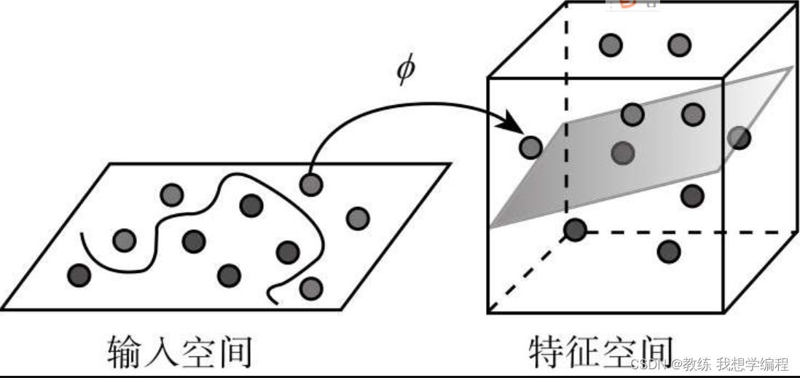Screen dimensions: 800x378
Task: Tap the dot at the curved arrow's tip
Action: [530, 148]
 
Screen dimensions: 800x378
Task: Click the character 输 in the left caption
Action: [125, 352]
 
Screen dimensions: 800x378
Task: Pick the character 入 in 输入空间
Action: [162, 352]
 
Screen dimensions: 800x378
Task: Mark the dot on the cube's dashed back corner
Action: [576, 231]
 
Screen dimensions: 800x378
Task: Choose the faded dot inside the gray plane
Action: [621, 152]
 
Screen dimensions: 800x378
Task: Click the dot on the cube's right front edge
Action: [739, 137]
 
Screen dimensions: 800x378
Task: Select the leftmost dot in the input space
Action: [79, 275]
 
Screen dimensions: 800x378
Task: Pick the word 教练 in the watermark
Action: [698, 364]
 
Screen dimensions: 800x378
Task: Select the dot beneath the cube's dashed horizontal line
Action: [668, 252]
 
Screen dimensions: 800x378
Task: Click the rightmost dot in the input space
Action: [357, 218]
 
